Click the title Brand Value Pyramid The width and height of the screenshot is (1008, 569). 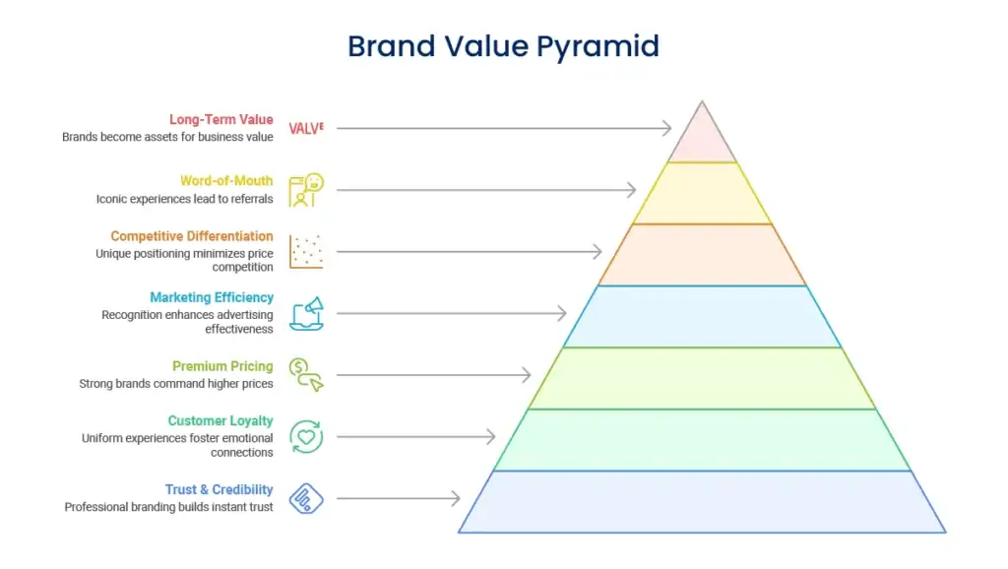coord(503,46)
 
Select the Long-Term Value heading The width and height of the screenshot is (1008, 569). coord(221,119)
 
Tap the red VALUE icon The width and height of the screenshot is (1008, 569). coord(306,129)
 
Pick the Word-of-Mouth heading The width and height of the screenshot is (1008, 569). coord(226,181)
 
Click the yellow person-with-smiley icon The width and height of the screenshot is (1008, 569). coord(306,190)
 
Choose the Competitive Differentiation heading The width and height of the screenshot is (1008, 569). coord(192,236)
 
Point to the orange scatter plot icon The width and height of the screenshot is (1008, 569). coord(306,251)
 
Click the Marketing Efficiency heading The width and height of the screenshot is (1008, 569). coord(212,297)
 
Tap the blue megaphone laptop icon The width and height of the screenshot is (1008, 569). coord(306,314)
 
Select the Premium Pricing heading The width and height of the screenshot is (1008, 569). coord(222,366)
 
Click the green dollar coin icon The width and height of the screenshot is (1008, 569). coord(306,375)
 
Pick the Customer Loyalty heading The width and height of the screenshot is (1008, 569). coord(220,420)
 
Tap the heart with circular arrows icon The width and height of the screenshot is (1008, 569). coord(306,436)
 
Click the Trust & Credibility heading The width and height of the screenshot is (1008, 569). coord(220,489)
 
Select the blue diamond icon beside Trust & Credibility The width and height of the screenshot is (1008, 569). coord(306,498)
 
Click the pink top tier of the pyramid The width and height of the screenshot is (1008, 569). coord(702,142)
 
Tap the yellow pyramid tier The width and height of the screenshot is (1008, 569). coord(702,193)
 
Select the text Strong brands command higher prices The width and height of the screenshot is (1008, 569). coord(176,384)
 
